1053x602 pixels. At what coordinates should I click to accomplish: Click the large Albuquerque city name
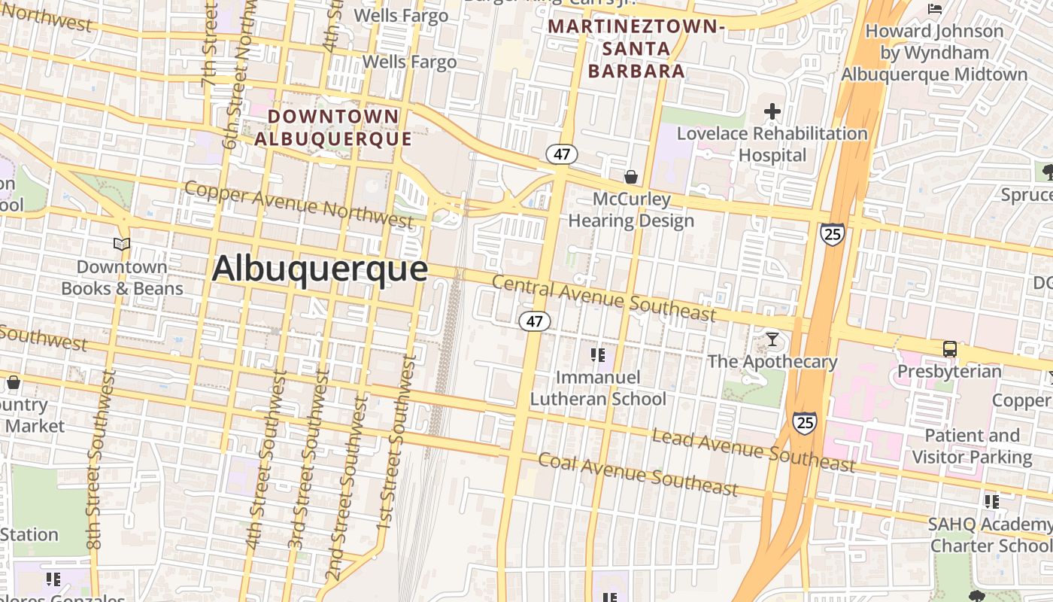coord(320,269)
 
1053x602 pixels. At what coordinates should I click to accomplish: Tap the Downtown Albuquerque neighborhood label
coord(333,127)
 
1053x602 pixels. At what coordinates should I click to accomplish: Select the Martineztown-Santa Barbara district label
coord(636,49)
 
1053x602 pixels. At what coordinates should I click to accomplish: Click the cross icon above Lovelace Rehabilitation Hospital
coord(772,112)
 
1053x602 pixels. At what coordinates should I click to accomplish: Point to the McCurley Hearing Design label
coord(631,210)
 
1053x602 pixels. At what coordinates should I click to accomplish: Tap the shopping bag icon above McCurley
coord(631,177)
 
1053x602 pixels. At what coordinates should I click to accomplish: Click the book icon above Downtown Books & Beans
coord(122,244)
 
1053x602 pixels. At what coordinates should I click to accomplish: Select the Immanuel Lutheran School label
coord(598,388)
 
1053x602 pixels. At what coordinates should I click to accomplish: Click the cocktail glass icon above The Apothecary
coord(772,339)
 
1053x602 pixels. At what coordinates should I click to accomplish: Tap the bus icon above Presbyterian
coord(950,349)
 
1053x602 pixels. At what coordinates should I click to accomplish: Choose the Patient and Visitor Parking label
coord(972,446)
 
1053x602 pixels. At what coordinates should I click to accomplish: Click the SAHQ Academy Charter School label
coord(990,534)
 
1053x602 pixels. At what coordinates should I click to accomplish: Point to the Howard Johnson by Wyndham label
coord(934,53)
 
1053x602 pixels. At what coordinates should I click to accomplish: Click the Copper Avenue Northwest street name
coord(299,203)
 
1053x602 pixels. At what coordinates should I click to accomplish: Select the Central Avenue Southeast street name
coord(604,297)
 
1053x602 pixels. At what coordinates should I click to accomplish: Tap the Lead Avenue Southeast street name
coord(753,449)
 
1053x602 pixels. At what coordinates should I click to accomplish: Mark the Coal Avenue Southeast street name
coord(638,475)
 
